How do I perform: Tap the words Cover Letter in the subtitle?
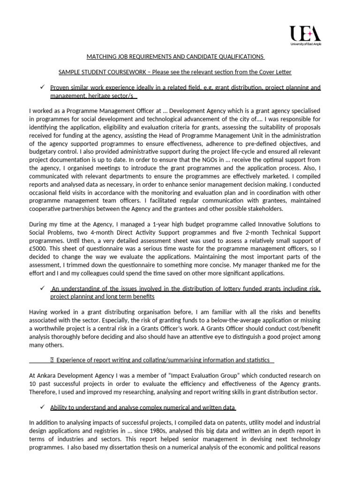pyautogui.click(x=275, y=72)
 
